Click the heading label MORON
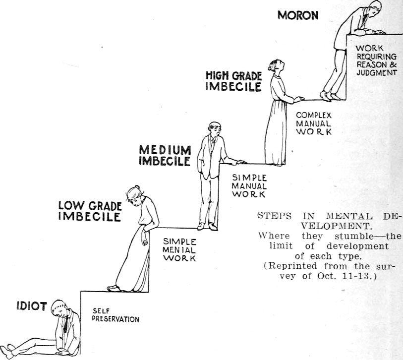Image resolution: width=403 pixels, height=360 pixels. tap(298, 15)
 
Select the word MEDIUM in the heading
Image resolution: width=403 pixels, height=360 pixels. tap(165, 150)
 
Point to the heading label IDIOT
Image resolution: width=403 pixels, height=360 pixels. tap(32, 306)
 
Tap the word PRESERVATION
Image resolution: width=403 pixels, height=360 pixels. tap(115, 319)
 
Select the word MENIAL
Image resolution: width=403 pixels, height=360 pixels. tap(179, 250)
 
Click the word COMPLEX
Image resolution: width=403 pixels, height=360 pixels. tap(314, 115)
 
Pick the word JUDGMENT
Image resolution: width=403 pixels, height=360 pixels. tap(377, 73)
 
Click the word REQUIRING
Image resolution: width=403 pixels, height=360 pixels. tap(377, 57)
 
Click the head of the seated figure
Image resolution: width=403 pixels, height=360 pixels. tap(59, 308)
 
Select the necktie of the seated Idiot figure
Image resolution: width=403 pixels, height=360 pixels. tap(66, 324)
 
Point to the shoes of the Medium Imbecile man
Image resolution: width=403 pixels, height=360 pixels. tap(207, 227)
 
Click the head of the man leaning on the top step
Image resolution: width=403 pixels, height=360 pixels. tap(375, 8)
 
